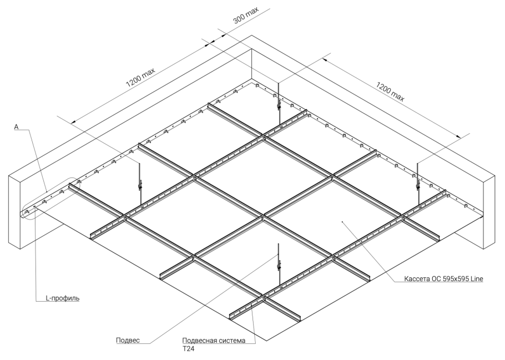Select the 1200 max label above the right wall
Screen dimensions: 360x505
click(x=390, y=89)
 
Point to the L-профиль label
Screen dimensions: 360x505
click(x=62, y=298)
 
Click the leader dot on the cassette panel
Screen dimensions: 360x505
click(x=343, y=222)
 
